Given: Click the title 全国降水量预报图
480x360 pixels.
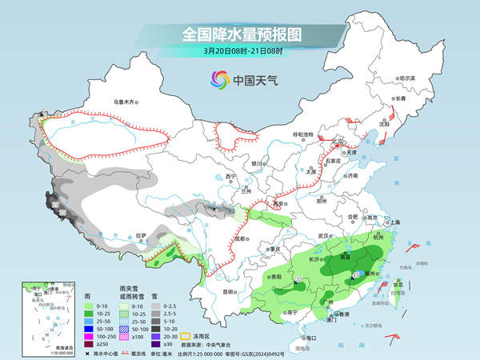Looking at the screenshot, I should [239, 34].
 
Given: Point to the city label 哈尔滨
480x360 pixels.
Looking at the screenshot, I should [408, 78].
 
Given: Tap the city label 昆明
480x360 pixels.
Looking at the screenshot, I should [230, 291].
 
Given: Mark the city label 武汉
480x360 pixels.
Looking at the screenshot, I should [323, 236].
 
